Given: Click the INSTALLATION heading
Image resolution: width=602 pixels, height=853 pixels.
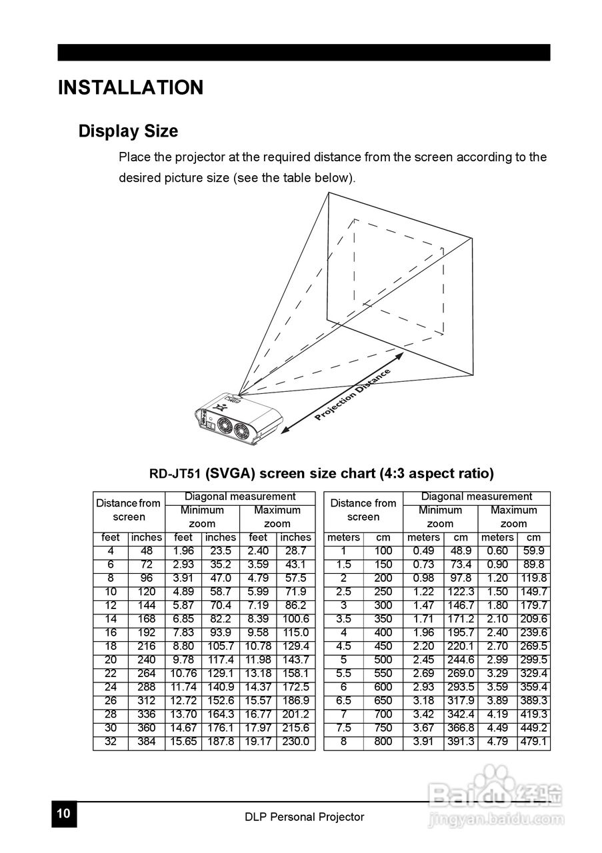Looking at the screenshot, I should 131,88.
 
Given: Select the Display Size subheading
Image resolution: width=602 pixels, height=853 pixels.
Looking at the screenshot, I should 128,131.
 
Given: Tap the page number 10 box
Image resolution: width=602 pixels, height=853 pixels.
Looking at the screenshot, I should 64,814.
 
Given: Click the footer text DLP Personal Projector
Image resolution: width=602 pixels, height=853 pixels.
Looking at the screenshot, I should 304,816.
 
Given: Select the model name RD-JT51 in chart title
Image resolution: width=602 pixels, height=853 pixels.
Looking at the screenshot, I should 175,474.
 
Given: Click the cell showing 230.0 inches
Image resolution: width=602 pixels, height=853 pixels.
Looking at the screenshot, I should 295,741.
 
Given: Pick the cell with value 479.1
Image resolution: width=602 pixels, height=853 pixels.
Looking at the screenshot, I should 533,741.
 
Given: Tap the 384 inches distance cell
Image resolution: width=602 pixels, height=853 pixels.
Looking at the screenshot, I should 146,741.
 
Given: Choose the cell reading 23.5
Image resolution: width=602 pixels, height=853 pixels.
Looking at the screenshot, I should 220,551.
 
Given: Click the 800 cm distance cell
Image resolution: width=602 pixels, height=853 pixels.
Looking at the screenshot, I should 383,741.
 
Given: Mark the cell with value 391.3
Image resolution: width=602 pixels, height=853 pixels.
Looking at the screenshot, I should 461,741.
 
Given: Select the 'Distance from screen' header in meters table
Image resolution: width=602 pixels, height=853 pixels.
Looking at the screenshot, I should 363,510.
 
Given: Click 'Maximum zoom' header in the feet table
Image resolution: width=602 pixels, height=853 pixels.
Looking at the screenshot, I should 277,517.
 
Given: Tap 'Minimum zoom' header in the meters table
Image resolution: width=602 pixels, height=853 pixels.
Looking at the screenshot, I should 440,517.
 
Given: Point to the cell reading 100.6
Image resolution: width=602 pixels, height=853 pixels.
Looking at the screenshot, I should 295,619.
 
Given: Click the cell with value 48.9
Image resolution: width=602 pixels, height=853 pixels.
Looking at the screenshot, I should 461,551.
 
